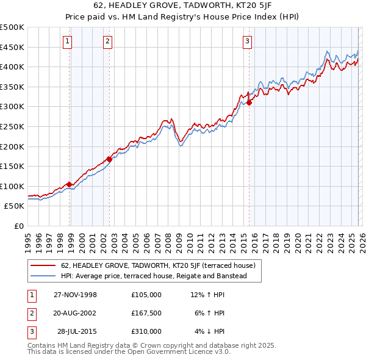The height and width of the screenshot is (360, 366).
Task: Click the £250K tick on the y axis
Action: pos(12,126)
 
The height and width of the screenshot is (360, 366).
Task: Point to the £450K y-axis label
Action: pos(12,47)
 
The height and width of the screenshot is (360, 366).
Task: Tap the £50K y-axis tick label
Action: pos(15,206)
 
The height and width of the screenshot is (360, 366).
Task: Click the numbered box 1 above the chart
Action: pos(66,41)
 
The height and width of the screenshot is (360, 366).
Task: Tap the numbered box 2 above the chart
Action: pos(107,41)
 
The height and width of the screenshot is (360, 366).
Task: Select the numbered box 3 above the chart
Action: pos(247,41)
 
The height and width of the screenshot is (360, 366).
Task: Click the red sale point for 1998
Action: pos(70,184)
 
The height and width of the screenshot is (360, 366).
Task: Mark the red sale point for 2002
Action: pos(109,159)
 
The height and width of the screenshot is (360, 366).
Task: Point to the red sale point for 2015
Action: pos(249,103)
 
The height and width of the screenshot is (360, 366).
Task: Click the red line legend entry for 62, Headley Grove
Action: pos(162,265)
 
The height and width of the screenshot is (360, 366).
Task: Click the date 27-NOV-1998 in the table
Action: pos(75,295)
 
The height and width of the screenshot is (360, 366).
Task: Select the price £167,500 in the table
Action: pos(146,313)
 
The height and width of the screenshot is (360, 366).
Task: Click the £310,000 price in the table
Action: pos(146,331)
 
